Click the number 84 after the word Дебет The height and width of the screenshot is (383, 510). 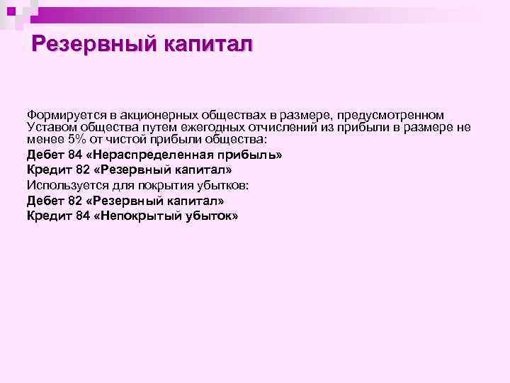(74, 153)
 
